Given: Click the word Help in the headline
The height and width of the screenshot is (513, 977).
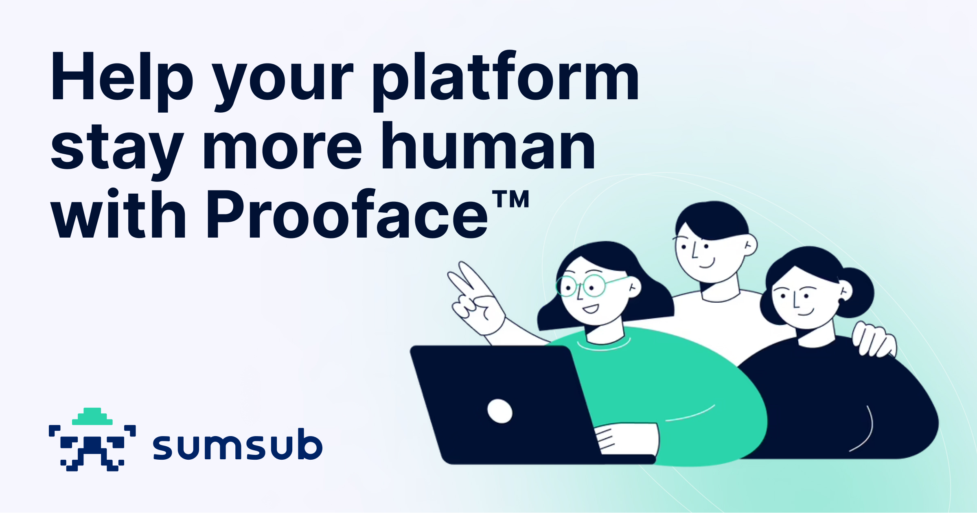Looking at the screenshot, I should point(121,77).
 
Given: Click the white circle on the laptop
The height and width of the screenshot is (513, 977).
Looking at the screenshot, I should point(499,411).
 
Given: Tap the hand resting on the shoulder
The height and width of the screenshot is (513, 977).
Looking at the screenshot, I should point(873,340).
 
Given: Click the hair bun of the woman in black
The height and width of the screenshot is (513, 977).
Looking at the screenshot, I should point(857,291).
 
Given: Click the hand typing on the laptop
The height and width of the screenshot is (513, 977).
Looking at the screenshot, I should point(627,439).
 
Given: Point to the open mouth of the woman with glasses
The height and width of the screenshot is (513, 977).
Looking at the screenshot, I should point(591,309).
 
